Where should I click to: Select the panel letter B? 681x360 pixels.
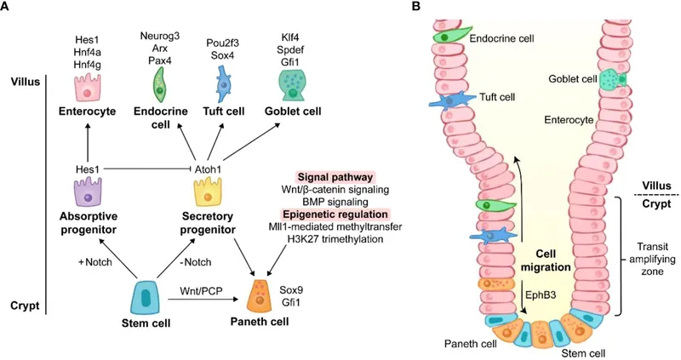click(416, 8)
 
